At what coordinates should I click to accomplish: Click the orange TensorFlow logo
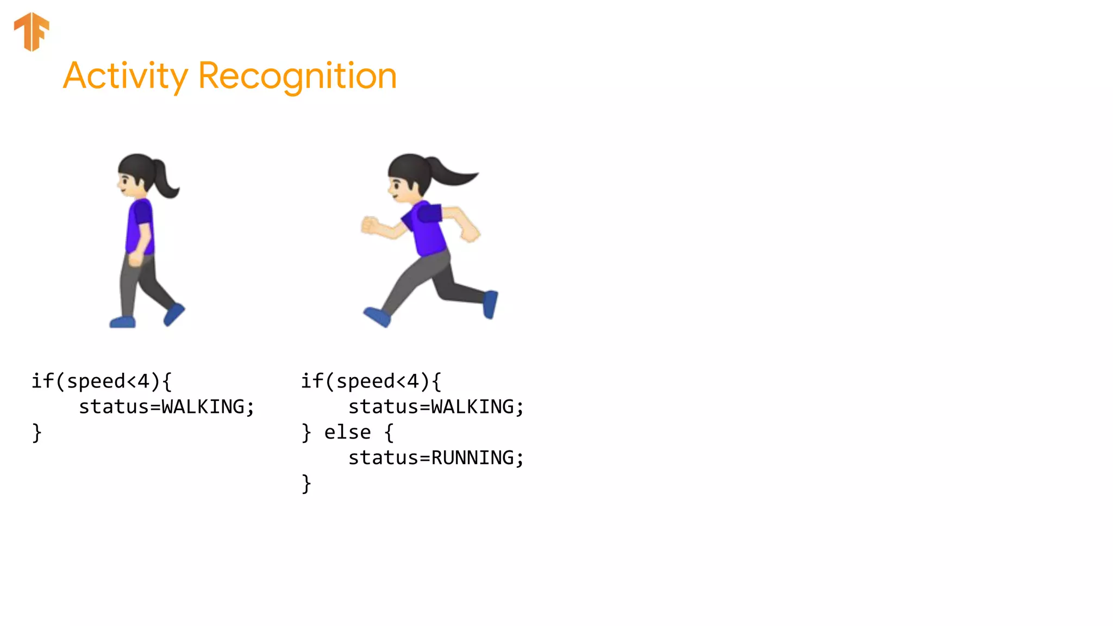[x=32, y=31]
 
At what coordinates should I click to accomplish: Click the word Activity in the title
[x=125, y=76]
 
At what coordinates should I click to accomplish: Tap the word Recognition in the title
[x=297, y=76]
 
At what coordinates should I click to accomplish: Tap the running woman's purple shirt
[x=427, y=228]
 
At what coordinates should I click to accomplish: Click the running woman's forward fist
[x=370, y=225]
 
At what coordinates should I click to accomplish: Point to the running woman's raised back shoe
[x=490, y=304]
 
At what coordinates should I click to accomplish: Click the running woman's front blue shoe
[x=377, y=317]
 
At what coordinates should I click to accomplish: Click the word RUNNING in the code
[x=472, y=458]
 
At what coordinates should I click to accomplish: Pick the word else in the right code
[x=347, y=433]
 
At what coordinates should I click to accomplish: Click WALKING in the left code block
[x=203, y=407]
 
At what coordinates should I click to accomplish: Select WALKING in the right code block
[x=472, y=407]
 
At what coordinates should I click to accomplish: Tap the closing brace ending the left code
[x=36, y=433]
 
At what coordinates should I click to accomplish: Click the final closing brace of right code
[x=306, y=484]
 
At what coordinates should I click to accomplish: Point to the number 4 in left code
[x=143, y=381]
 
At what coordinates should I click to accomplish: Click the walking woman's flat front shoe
[x=122, y=322]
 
